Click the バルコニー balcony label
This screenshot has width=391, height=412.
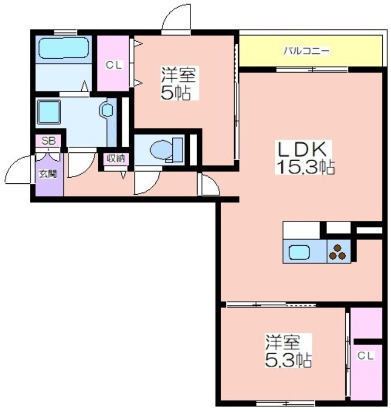tap(307, 50)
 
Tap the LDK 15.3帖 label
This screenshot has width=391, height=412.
tap(305, 158)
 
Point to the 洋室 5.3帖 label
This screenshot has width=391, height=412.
tap(288, 351)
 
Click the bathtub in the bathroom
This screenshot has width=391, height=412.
tap(63, 48)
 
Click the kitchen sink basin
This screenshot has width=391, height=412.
tap(299, 252)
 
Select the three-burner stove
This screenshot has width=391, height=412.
tap(338, 252)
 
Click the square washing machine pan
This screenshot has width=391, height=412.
tap(49, 112)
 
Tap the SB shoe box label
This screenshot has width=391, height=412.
tap(48, 141)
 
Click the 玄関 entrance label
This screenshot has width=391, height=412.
tap(48, 174)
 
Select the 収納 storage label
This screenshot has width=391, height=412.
tap(116, 159)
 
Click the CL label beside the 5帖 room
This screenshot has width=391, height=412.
tap(114, 65)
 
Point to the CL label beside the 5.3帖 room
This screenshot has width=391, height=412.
tap(365, 356)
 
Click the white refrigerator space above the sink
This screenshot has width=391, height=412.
tap(301, 230)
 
